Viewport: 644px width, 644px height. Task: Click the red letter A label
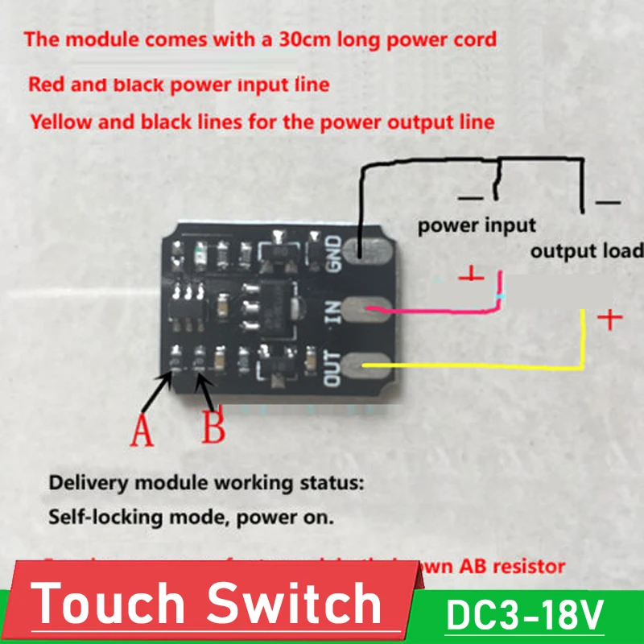[x=142, y=428]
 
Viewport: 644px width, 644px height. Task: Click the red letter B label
[x=213, y=427]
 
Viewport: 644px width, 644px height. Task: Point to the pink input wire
[x=435, y=308]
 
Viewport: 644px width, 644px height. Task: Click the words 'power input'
[x=477, y=225]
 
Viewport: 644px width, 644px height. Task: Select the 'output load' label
[x=586, y=250]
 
